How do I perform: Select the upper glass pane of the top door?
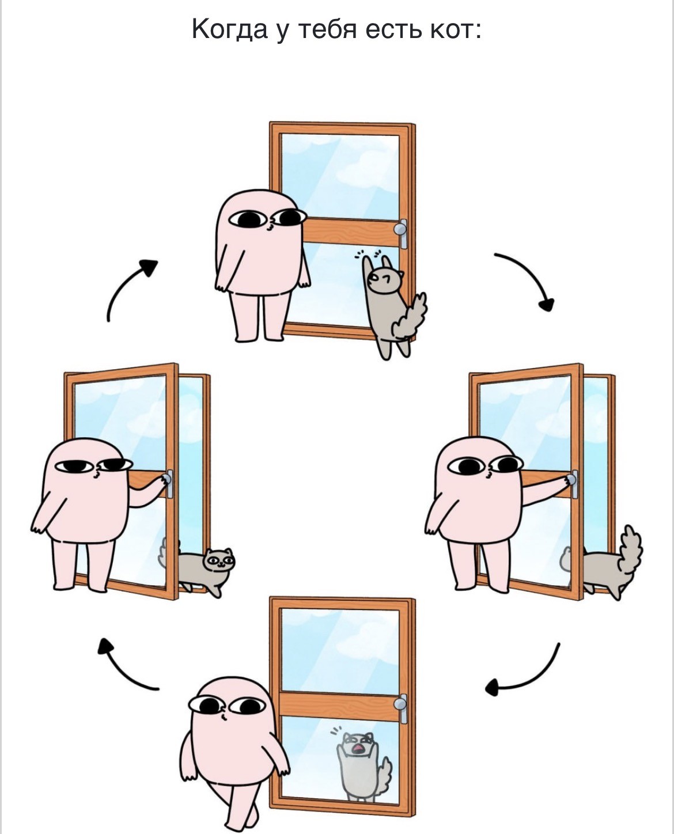[340, 176]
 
